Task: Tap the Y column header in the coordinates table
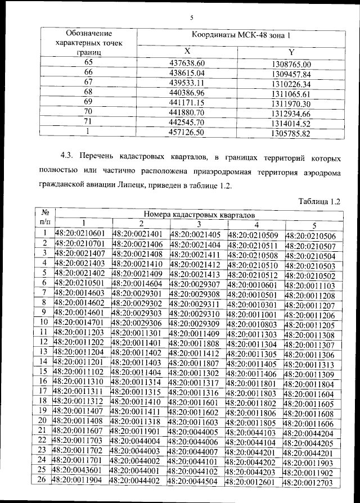tap(291, 52)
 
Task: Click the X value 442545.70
tap(186, 123)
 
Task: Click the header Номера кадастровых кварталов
tap(200, 214)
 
